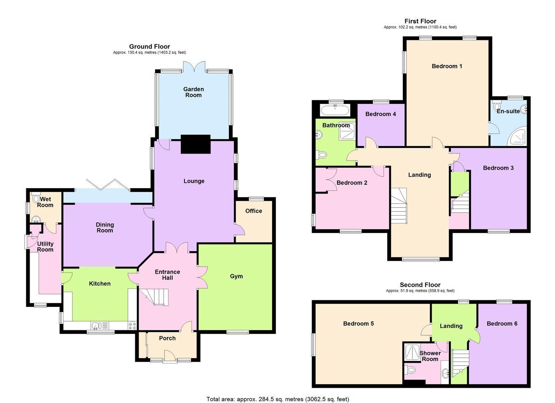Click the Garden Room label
[194, 92]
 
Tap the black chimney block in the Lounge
[196, 144]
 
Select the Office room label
[254, 211]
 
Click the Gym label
[236, 276]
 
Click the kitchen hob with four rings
[132, 325]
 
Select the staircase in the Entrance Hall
[154, 297]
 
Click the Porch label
[167, 338]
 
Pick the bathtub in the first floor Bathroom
[335, 110]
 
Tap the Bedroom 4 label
[381, 114]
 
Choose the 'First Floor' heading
[420, 21]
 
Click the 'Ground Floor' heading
[149, 46]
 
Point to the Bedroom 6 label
[502, 324]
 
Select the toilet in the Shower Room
[409, 370]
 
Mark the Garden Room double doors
[194, 67]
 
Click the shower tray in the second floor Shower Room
[412, 352]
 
